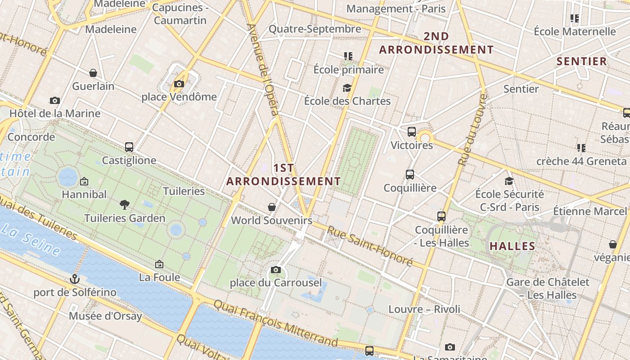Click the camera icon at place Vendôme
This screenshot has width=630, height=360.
[179, 84]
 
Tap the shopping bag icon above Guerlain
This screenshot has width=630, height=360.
[93, 73]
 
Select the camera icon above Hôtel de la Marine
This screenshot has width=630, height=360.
[55, 100]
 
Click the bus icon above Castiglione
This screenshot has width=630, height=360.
[129, 147]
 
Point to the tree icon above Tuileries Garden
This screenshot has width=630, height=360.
[125, 205]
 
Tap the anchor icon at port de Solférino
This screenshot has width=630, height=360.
[75, 279]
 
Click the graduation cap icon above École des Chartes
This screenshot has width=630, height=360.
[347, 88]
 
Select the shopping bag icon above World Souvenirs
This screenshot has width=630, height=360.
[272, 207]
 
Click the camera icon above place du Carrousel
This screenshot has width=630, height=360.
[276, 270]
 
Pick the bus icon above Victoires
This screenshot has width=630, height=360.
[412, 132]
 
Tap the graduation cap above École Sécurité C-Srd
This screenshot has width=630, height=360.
[509, 181]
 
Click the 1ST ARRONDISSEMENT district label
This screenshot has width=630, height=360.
[283, 175]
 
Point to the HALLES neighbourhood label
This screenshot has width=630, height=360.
[512, 246]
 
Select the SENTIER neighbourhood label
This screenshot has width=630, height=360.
[582, 61]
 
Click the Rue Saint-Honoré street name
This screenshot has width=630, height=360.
[369, 245]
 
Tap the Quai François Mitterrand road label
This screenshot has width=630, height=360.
[275, 323]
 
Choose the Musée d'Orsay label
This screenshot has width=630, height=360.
[105, 316]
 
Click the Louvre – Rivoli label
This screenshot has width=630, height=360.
[424, 309]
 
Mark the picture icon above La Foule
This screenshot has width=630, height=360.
[159, 264]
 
